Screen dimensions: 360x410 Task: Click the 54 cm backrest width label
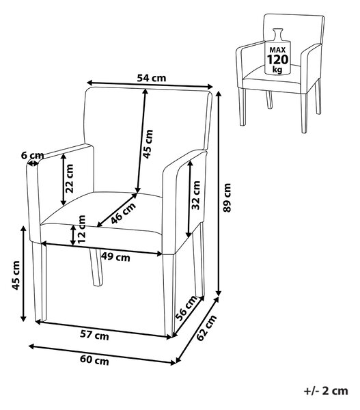tap(152, 78)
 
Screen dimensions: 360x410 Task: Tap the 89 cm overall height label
tap(227, 197)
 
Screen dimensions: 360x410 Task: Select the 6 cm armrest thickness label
tap(32, 155)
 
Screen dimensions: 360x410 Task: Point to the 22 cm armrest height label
tap(70, 178)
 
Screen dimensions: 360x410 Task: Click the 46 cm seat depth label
tap(123, 213)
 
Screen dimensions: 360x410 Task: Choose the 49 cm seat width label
tap(115, 258)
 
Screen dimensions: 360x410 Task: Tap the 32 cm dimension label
tap(196, 195)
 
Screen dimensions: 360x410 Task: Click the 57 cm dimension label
tap(94, 335)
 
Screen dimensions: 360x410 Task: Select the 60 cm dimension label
tap(94, 360)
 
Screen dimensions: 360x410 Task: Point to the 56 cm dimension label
tap(186, 308)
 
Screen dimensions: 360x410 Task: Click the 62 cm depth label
tap(206, 327)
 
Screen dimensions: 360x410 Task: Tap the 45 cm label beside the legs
tap(16, 275)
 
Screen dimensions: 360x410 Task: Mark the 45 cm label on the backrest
tap(148, 143)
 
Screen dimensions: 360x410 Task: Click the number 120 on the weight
tap(277, 60)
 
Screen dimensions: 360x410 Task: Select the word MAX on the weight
tap(277, 50)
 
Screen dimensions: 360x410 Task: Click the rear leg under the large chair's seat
tap(96, 266)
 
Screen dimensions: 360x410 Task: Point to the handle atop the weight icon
tap(277, 33)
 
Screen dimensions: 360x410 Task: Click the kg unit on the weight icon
tap(277, 70)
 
